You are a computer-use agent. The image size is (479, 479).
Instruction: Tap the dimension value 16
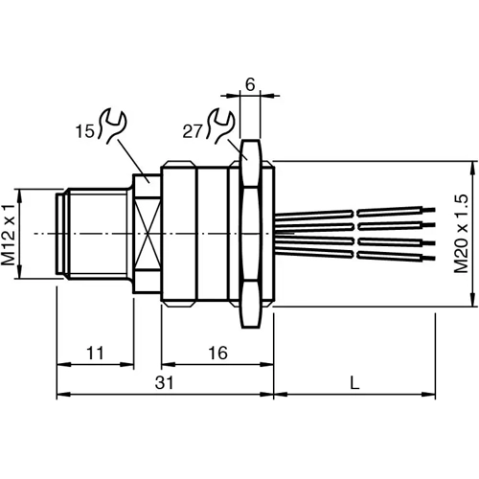tap(217, 354)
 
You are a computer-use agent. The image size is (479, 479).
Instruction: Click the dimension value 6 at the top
tap(250, 84)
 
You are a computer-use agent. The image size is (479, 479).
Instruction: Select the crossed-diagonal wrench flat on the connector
tap(148, 234)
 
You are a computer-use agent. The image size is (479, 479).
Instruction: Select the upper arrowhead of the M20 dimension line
tap(470, 166)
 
